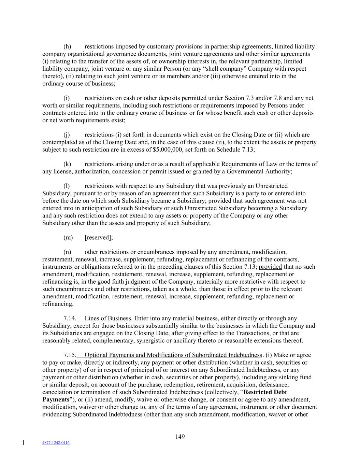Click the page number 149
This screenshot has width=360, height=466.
point(180,437)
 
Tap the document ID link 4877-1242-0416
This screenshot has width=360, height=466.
point(56,443)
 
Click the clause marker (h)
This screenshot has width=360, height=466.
point(67,46)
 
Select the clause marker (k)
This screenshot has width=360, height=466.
point(67,164)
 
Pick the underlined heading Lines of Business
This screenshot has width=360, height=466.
point(107,318)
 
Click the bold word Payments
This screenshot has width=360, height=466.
point(56,399)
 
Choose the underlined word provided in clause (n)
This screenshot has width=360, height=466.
point(270,267)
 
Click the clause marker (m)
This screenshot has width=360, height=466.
point(68,237)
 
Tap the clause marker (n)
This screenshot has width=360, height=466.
point(67,252)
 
